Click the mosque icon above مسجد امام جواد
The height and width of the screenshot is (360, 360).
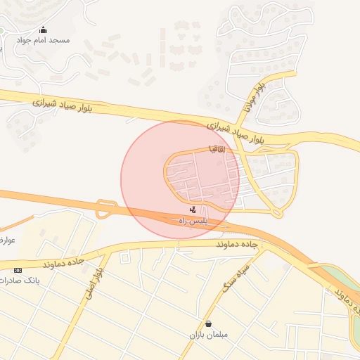coord(43,30)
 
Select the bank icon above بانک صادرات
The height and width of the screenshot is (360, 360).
coord(18,270)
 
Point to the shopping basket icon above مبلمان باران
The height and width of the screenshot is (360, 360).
coord(208,323)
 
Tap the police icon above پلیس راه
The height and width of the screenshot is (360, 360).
coord(193,210)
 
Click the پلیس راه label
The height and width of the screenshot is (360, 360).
coord(192,221)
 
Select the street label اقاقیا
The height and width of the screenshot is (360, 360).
coord(217,149)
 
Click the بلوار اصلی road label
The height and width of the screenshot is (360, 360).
coord(96,281)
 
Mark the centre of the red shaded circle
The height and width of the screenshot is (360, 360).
coord(180,179)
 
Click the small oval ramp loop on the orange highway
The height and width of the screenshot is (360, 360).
coord(106,208)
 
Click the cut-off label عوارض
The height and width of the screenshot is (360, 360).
coord(7,240)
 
